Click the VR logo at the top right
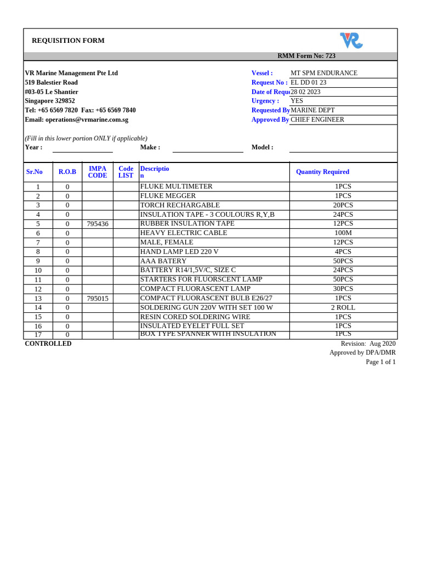pos(351,41)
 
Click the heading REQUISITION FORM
pos(68,41)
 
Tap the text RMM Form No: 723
pos(306,56)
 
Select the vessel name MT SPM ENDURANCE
pos(324,73)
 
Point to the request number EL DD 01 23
pos(309,82)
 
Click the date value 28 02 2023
pos(305,92)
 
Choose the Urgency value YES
pos(297,101)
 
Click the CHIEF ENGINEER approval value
pos(317,120)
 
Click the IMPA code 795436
pos(98,224)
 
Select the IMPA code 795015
pos(98,299)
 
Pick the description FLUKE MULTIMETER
pos(176,187)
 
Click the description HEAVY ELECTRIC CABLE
pos(184,233)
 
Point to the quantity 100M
pos(343,233)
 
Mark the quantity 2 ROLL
pos(343,308)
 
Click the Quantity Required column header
pos(322,172)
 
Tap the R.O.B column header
pos(67,172)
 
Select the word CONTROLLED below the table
pos(48,344)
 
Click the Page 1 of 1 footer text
pos(380,362)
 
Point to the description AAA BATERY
pos(163,261)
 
